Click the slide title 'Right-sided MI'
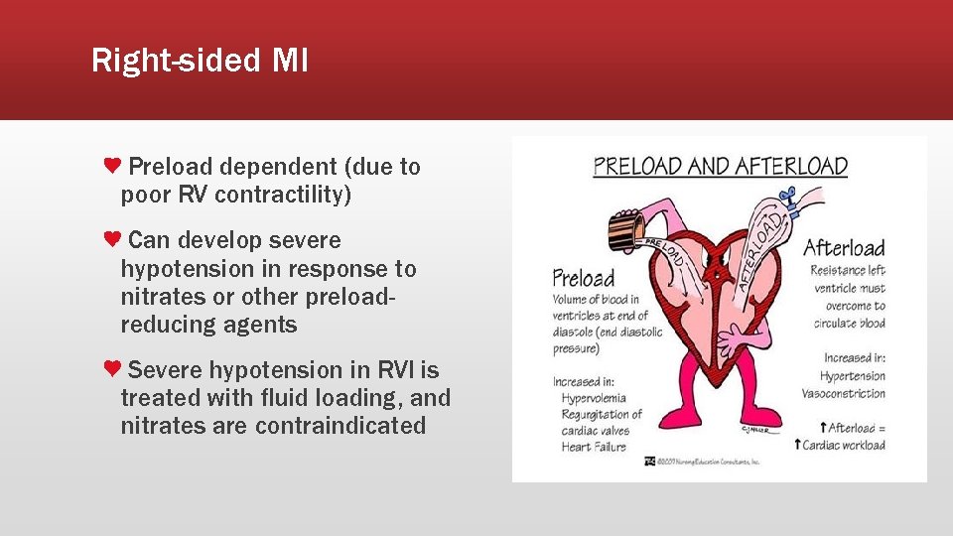point(200,62)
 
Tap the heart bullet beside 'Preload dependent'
point(113,165)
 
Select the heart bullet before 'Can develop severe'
point(113,238)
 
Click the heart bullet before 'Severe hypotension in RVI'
point(113,368)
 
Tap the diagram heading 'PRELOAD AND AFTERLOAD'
point(720,166)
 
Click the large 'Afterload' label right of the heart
point(843,247)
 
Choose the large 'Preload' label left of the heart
point(584,278)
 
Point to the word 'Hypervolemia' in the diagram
point(594,398)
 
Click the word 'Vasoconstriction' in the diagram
point(843,393)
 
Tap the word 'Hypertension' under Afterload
point(853,376)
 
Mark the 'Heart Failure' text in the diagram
point(594,447)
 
